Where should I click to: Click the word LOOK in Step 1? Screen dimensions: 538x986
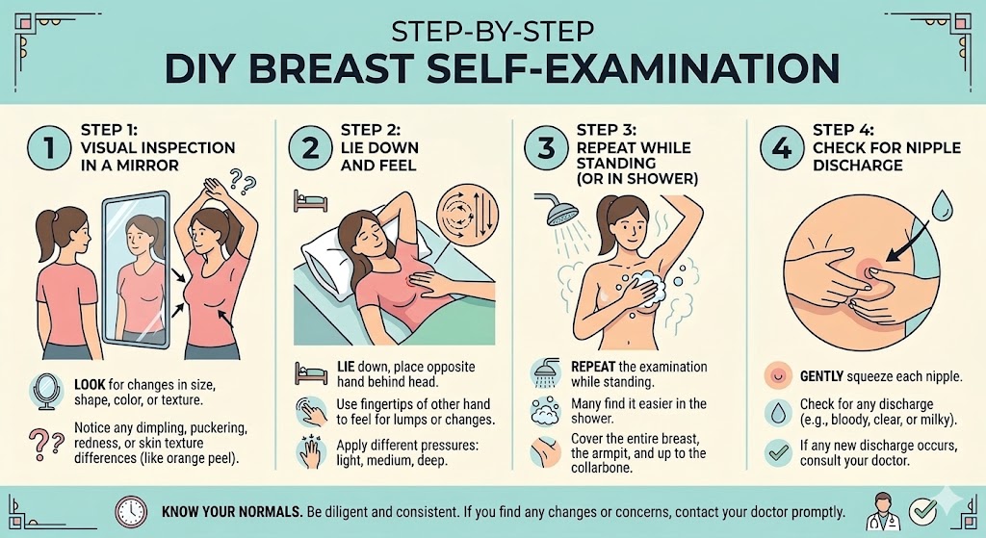click(x=91, y=384)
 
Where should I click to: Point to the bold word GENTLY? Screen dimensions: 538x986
click(x=824, y=375)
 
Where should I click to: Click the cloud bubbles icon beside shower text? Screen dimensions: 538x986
click(x=545, y=412)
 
